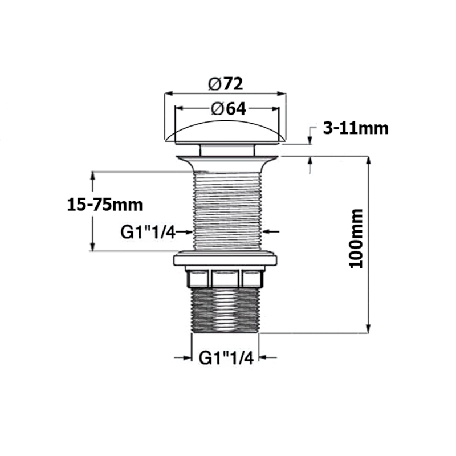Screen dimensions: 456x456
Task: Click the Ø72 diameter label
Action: pyautogui.click(x=226, y=84)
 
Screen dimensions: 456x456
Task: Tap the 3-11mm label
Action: pyautogui.click(x=356, y=128)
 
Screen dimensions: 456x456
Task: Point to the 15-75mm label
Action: pyautogui.click(x=103, y=203)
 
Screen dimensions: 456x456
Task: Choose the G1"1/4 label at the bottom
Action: pyautogui.click(x=226, y=357)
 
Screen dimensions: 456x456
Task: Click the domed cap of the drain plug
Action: pyautogui.click(x=225, y=130)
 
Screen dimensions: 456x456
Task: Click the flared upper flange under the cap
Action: pyautogui.click(x=226, y=159)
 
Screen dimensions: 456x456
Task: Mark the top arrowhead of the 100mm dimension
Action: pyautogui.click(x=368, y=160)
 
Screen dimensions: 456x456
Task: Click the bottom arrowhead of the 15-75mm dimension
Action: pyautogui.click(x=92, y=246)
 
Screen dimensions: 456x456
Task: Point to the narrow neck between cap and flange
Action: pyautogui.click(x=226, y=149)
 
